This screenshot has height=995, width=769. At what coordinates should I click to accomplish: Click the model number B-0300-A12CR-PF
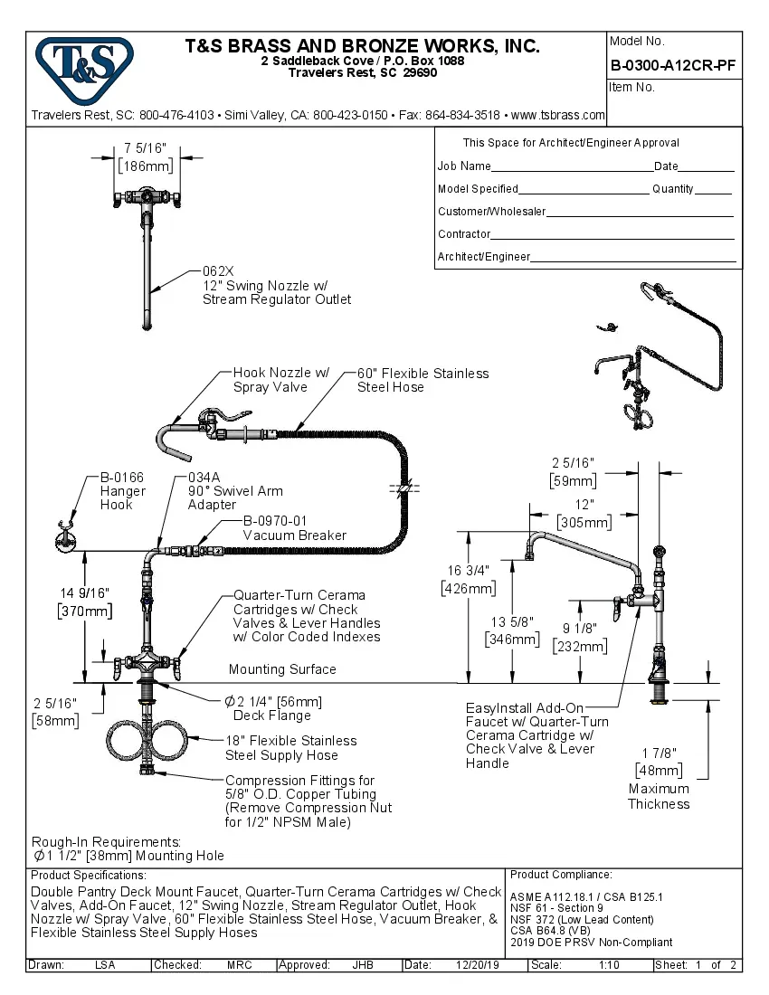674,65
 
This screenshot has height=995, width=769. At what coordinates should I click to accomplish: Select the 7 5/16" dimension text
145,148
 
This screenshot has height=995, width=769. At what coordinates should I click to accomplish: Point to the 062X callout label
218,270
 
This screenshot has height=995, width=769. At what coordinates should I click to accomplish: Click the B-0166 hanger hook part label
122,478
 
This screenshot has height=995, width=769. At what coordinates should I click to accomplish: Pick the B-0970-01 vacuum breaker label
275,521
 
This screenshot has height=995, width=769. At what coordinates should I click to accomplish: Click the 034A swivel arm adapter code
204,478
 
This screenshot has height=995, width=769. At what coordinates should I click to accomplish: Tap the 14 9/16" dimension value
85,592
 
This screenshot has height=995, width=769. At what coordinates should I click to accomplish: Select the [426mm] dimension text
468,588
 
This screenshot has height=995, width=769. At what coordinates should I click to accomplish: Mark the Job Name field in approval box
464,166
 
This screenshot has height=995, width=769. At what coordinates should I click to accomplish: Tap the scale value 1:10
608,965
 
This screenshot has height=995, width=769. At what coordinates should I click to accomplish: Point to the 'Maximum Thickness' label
659,796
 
